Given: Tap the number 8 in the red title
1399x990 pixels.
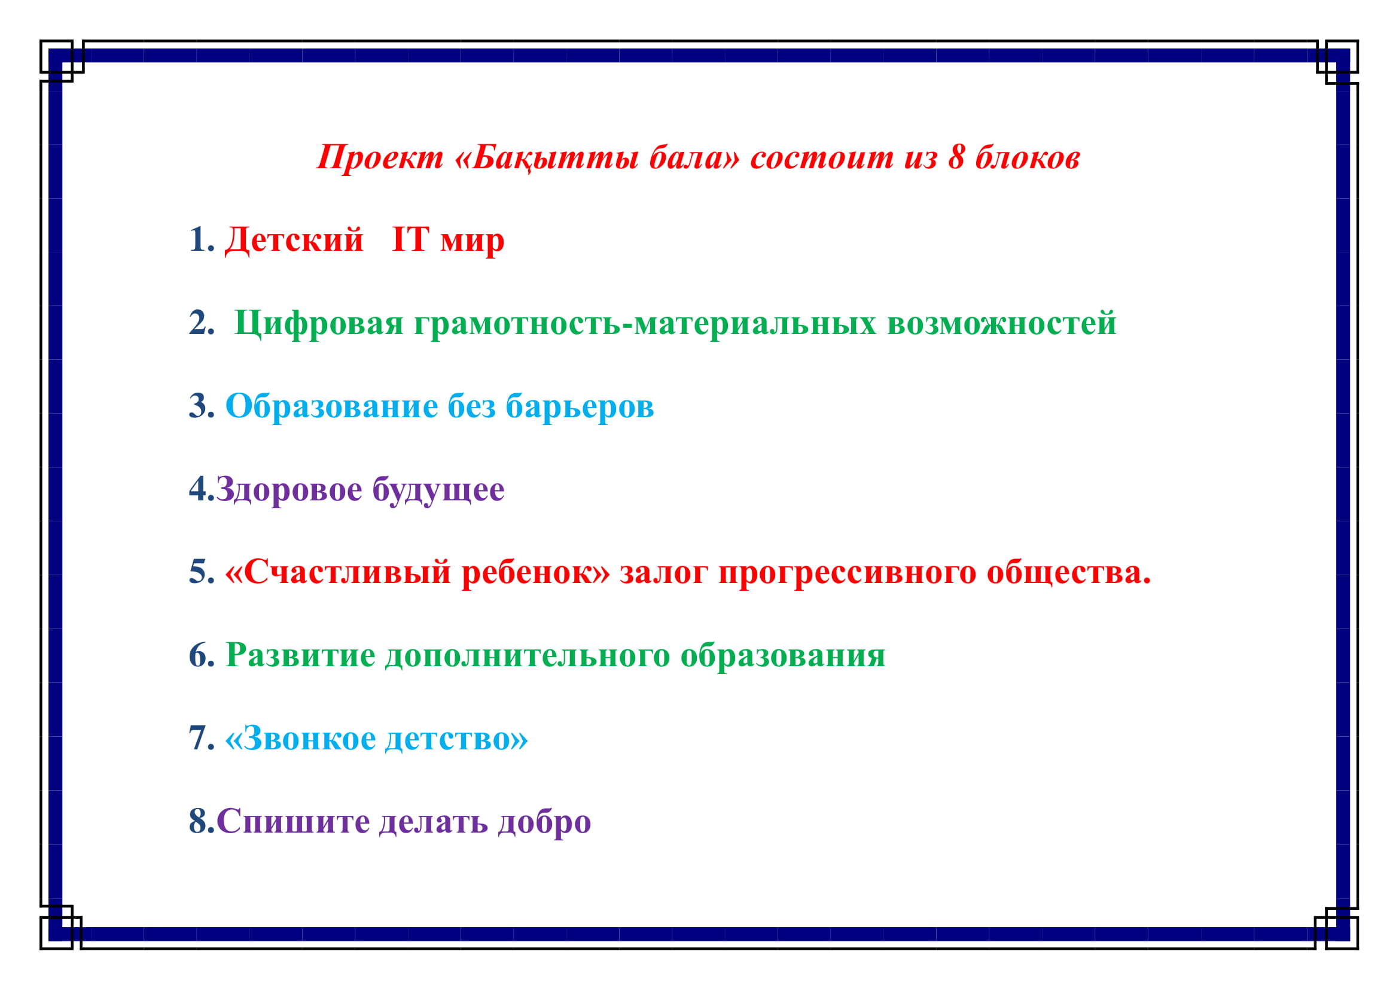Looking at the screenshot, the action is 956,157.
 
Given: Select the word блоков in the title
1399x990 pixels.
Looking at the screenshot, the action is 1028,157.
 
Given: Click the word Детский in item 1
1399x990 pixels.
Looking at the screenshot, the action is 294,239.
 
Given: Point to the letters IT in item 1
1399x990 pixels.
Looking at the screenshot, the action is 411,238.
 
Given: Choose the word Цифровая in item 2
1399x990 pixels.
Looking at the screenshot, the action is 319,323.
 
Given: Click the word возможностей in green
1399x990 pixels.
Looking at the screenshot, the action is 1002,323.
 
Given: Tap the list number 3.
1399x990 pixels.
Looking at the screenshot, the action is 202,405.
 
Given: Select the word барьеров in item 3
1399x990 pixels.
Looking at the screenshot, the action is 580,406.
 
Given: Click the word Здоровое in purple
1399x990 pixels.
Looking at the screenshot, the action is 289,490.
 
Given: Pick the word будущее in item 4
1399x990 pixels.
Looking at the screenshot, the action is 438,490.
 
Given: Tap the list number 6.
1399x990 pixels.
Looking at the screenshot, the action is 202,655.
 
